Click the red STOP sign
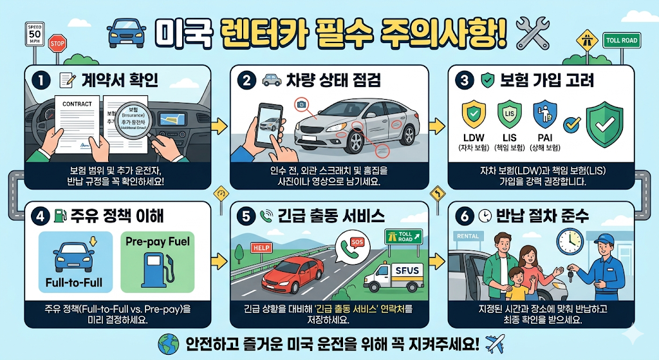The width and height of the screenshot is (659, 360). pyautogui.click(x=57, y=44)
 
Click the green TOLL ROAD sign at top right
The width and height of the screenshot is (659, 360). pyautogui.click(x=621, y=41)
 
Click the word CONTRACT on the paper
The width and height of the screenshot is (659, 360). pyautogui.click(x=77, y=104)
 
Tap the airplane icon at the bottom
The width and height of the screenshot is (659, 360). pyautogui.click(x=493, y=341)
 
